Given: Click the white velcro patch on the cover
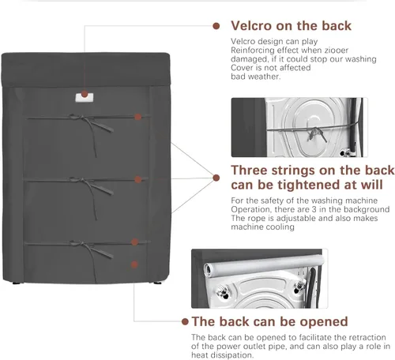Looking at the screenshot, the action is pyautogui.click(x=85, y=97).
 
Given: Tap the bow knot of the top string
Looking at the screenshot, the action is pyautogui.click(x=80, y=117).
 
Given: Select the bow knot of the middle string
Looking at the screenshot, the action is pyautogui.click(x=80, y=180).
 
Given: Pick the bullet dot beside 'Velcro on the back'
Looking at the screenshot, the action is pyautogui.click(x=216, y=26).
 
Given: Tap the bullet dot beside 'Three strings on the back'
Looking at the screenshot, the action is pyautogui.click(x=216, y=178).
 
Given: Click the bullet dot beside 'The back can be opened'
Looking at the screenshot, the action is pyautogui.click(x=185, y=321).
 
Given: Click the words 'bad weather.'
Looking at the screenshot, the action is pyautogui.click(x=256, y=77).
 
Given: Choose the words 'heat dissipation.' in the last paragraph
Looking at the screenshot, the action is pyautogui.click(x=222, y=355).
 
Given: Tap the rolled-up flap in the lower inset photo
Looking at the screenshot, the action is pyautogui.click(x=264, y=265).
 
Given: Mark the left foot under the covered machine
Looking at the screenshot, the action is pyautogui.click(x=17, y=283).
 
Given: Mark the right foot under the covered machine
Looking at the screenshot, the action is pyautogui.click(x=158, y=283).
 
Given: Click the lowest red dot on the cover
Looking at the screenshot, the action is pyautogui.click(x=134, y=264).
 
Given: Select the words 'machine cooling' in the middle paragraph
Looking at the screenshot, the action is pyautogui.click(x=262, y=227).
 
